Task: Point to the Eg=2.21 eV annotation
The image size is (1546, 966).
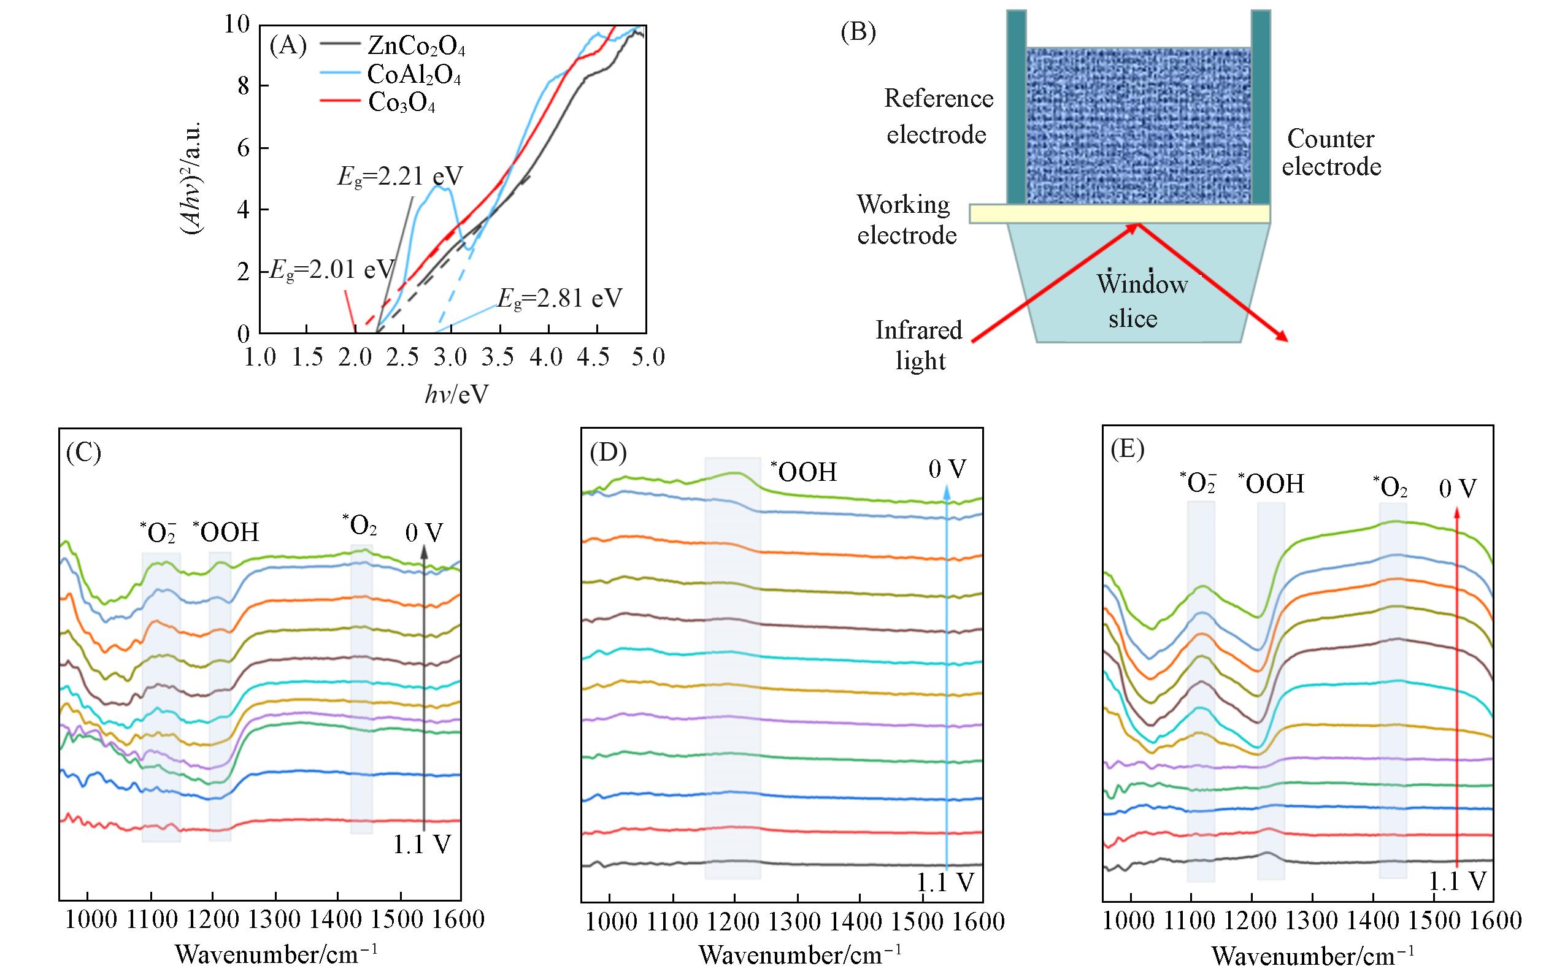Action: pos(400,175)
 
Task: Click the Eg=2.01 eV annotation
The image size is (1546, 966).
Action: pos(331,270)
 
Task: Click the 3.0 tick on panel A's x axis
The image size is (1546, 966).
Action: pos(450,357)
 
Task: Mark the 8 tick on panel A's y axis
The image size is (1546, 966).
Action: pos(244,86)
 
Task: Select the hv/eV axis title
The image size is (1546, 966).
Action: pos(456,395)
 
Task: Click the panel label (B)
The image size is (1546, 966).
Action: pos(858,33)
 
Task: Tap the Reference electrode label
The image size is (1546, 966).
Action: pos(938,117)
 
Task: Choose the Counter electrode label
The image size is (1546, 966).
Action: pos(1331,153)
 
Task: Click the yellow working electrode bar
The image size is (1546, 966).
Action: pos(1118,213)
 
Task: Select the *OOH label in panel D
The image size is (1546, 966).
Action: pos(803,472)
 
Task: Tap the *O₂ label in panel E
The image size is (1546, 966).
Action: pos(1390,488)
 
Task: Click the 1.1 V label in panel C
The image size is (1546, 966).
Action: pos(421,845)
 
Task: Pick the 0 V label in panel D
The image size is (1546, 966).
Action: pos(947,470)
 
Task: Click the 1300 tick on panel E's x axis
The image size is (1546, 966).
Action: pos(1312,921)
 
